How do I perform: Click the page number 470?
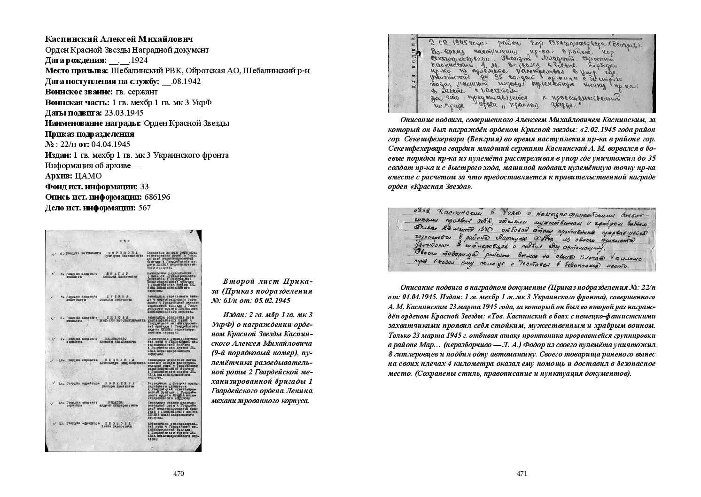(x=178, y=474)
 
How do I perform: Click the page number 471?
(x=522, y=474)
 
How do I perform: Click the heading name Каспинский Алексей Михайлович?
(x=119, y=39)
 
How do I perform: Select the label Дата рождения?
(x=76, y=60)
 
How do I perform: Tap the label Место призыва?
(x=77, y=71)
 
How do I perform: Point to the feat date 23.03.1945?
(x=124, y=113)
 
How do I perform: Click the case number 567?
(x=145, y=208)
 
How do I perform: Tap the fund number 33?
(x=145, y=186)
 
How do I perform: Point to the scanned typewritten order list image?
(x=123, y=341)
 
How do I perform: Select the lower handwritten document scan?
(x=522, y=240)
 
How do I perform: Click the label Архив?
(x=59, y=176)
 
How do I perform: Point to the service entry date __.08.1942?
(x=181, y=81)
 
